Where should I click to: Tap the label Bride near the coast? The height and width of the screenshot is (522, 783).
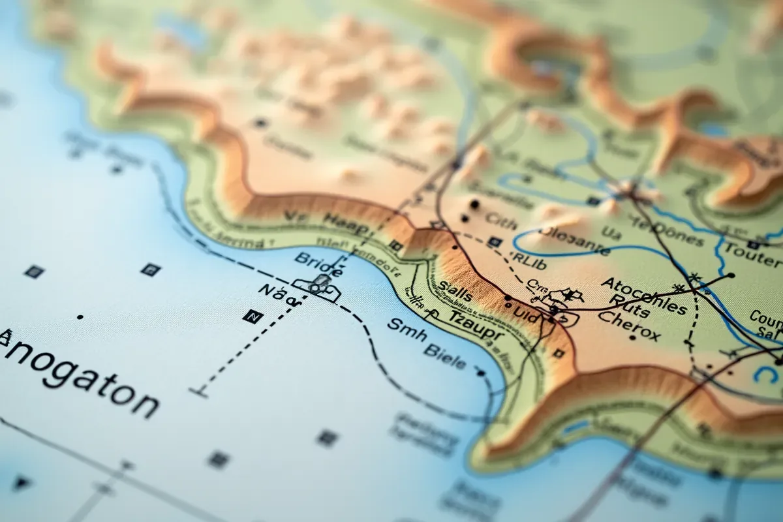pos(318,261)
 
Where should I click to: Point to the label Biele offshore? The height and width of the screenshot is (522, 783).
pos(444,356)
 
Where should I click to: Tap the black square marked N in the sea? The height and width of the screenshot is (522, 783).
pos(252,316)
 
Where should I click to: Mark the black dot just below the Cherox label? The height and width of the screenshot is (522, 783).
pos(632,338)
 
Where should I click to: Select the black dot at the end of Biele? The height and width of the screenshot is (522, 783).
pos(481,373)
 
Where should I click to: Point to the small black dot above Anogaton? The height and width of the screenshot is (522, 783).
pos(80,317)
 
